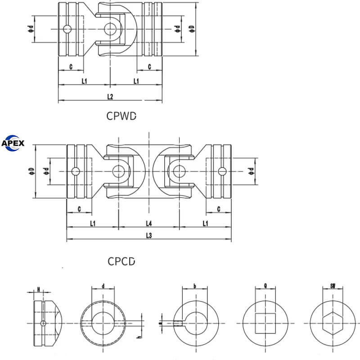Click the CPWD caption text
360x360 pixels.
pos(121,116)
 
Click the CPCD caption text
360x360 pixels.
pos(121,261)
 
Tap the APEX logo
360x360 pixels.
pos(13,144)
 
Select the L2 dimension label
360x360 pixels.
pos(110,97)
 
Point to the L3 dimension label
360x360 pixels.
pos(149,235)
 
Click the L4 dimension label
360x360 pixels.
pos(149,223)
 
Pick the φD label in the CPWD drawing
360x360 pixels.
pos(192,28)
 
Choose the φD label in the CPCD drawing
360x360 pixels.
pos(31,171)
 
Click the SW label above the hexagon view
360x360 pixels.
pos(333,285)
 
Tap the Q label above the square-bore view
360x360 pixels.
pos(265,285)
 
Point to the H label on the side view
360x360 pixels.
pos(39,289)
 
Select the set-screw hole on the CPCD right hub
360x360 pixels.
pos(221,171)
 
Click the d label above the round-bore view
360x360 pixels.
pos(103,285)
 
